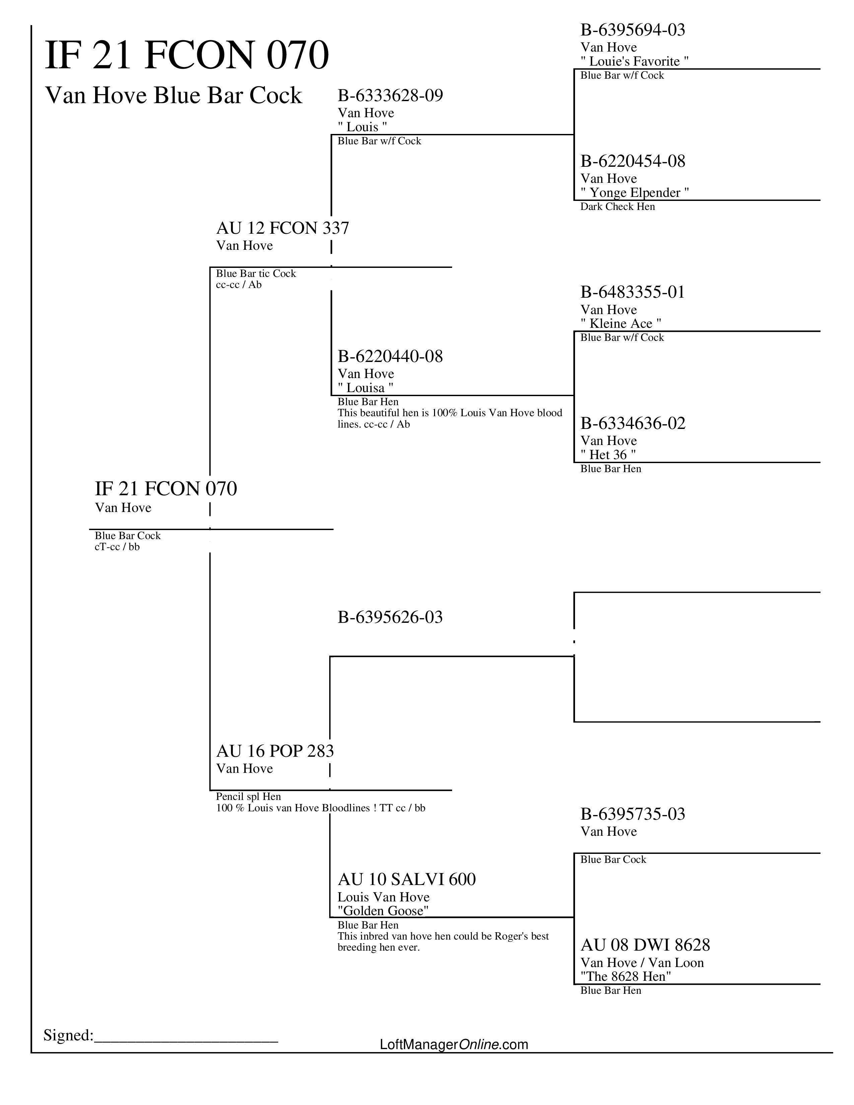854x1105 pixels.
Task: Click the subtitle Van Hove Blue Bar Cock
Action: pos(173,96)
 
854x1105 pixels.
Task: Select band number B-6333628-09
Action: pos(390,96)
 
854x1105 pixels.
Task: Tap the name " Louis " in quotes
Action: pos(362,127)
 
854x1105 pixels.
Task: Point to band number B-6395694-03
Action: pos(632,30)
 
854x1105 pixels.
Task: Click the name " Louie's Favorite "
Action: pos(634,62)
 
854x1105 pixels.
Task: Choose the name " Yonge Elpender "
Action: pos(634,193)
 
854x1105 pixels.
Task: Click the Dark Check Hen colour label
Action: pos(617,207)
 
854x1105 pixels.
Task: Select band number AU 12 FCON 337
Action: pos(282,229)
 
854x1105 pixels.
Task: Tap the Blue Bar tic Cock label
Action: pos(256,274)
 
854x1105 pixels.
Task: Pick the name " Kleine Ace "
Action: pos(621,324)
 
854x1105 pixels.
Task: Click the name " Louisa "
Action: pos(365,388)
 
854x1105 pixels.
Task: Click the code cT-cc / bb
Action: pos(117,547)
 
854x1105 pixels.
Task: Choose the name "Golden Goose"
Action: pos(383,911)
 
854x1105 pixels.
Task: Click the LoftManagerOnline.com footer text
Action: pos(454,1044)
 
